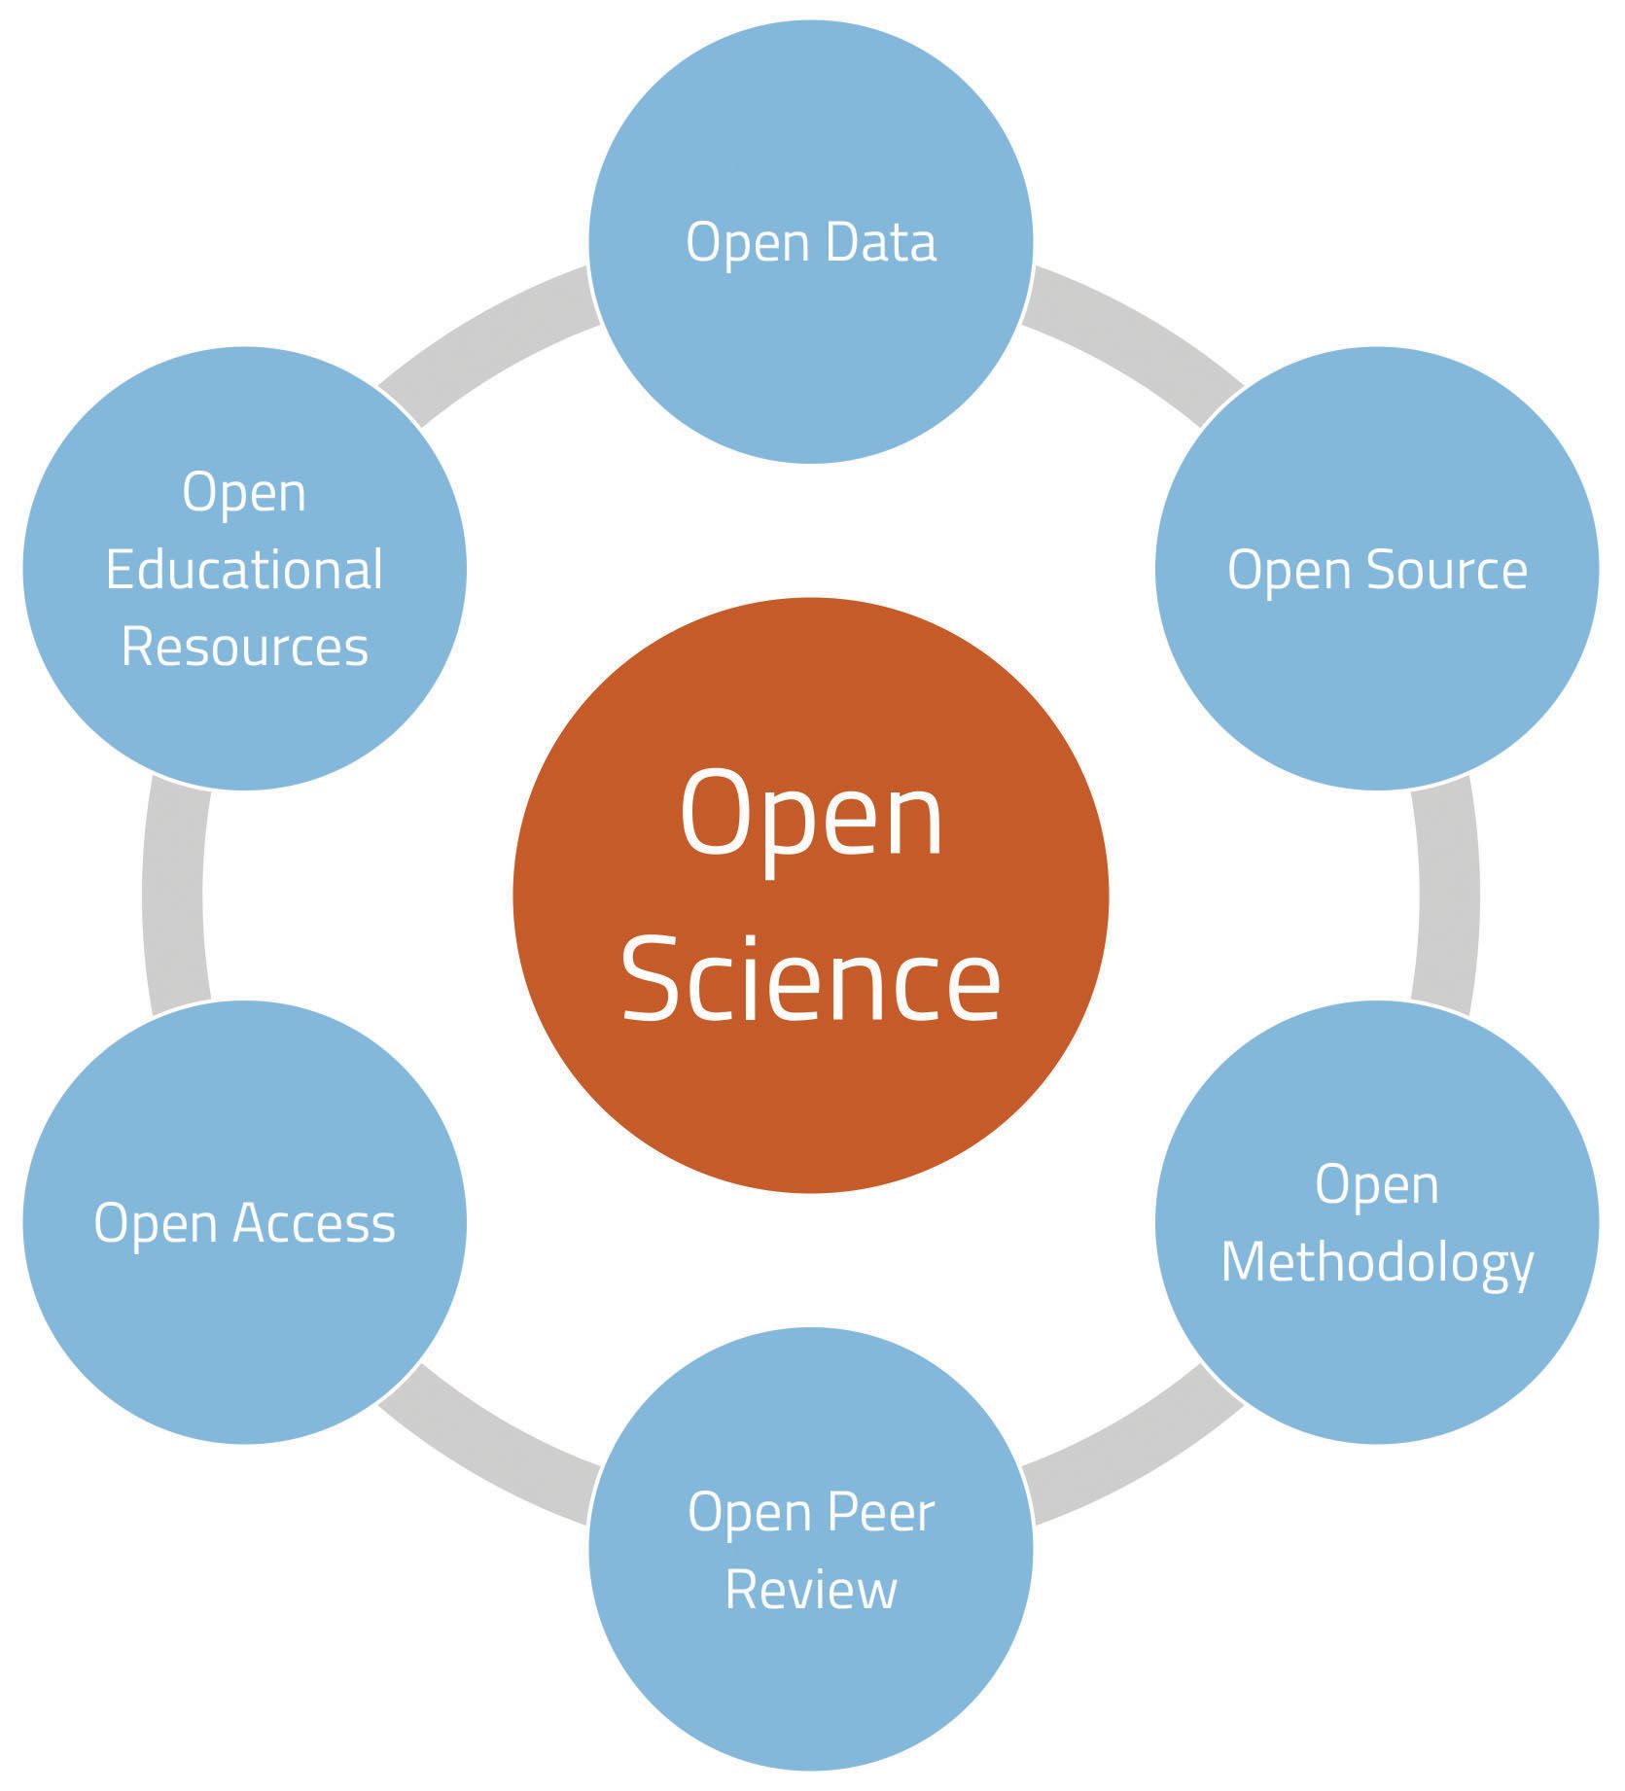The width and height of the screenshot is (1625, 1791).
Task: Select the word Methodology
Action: pos(1377,1263)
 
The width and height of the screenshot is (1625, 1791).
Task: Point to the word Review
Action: pos(811,1591)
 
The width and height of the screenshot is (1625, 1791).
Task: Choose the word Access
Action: pos(313,1223)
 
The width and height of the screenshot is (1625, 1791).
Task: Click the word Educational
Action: pos(244,570)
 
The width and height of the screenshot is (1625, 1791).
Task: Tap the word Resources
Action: pos(244,648)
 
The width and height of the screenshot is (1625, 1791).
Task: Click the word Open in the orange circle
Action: pos(811,815)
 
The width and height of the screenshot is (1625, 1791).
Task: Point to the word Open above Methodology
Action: pos(1377,1186)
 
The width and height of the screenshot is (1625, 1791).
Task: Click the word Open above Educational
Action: pos(244,492)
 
